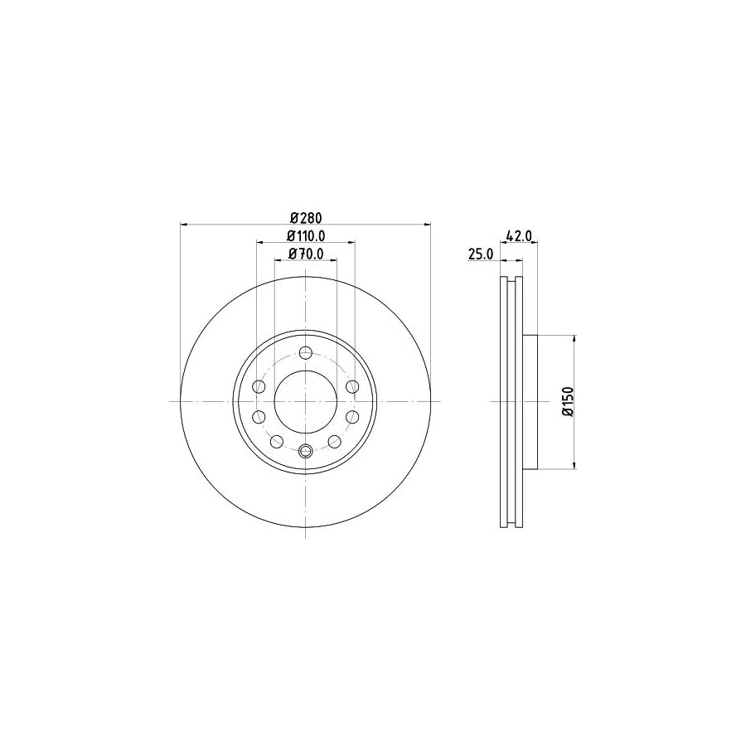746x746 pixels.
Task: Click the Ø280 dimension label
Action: coord(305,217)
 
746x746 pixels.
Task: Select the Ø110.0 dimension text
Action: coord(305,236)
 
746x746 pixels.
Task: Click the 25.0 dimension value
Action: coord(481,255)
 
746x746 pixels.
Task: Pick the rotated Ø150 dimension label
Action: coord(567,401)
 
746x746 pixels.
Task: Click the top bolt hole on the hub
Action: coord(305,354)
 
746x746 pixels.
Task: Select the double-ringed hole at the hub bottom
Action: coord(305,450)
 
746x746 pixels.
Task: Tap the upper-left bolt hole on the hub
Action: coord(259,387)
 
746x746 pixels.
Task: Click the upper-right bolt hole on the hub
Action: coord(352,387)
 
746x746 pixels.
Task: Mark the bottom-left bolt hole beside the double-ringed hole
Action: coord(278,441)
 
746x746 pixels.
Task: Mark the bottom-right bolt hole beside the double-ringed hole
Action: coord(333,441)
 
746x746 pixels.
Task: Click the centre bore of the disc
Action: coord(305,401)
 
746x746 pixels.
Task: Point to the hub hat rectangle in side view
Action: coord(530,401)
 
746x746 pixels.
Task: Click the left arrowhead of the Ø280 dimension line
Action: coord(184,224)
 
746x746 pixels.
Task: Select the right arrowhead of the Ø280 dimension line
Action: coord(427,224)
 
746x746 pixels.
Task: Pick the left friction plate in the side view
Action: coord(503,401)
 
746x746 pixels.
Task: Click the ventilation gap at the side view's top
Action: coord(511,280)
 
